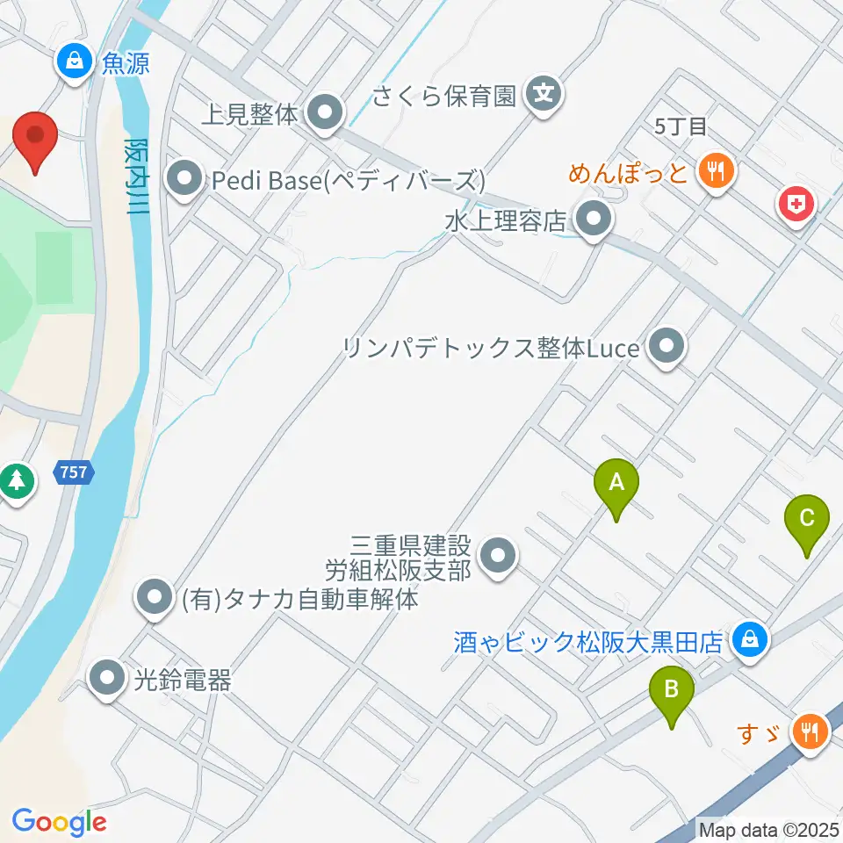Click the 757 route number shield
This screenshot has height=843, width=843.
74,472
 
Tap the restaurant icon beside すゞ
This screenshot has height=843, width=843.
807,730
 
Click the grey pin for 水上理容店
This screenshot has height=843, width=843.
593,221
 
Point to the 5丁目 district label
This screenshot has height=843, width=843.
681,126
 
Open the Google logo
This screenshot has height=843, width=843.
59,822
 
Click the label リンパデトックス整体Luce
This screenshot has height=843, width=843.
491,349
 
